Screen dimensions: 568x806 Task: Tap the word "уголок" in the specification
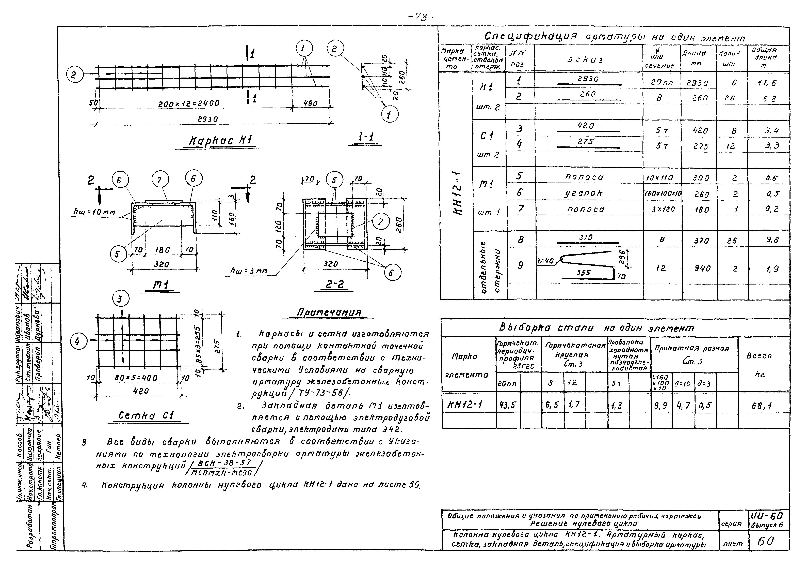tap(586, 193)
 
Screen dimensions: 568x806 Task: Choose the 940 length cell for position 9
tap(702, 269)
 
